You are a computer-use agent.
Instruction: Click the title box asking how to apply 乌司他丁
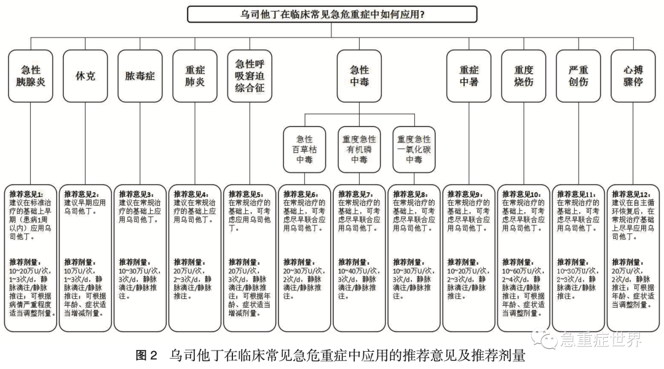coord(332,14)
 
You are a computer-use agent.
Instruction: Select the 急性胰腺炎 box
coord(31,76)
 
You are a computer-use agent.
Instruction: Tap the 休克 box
coord(86,76)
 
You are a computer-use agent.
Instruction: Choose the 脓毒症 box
coord(140,76)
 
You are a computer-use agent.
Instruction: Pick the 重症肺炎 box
coord(195,76)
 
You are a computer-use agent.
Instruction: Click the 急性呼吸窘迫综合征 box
coord(250,76)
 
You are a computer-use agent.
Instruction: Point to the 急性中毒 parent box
coord(359,76)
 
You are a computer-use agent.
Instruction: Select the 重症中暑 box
coord(468,76)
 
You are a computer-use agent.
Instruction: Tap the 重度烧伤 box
coord(524,76)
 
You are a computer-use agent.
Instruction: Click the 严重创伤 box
coord(579,76)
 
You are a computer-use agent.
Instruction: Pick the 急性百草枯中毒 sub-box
coord(304,149)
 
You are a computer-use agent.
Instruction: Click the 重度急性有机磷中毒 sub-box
coord(359,149)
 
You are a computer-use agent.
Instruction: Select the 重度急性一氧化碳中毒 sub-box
coord(414,149)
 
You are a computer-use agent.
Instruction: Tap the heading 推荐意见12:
coord(631,194)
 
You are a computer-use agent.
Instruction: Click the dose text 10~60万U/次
coord(523,271)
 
